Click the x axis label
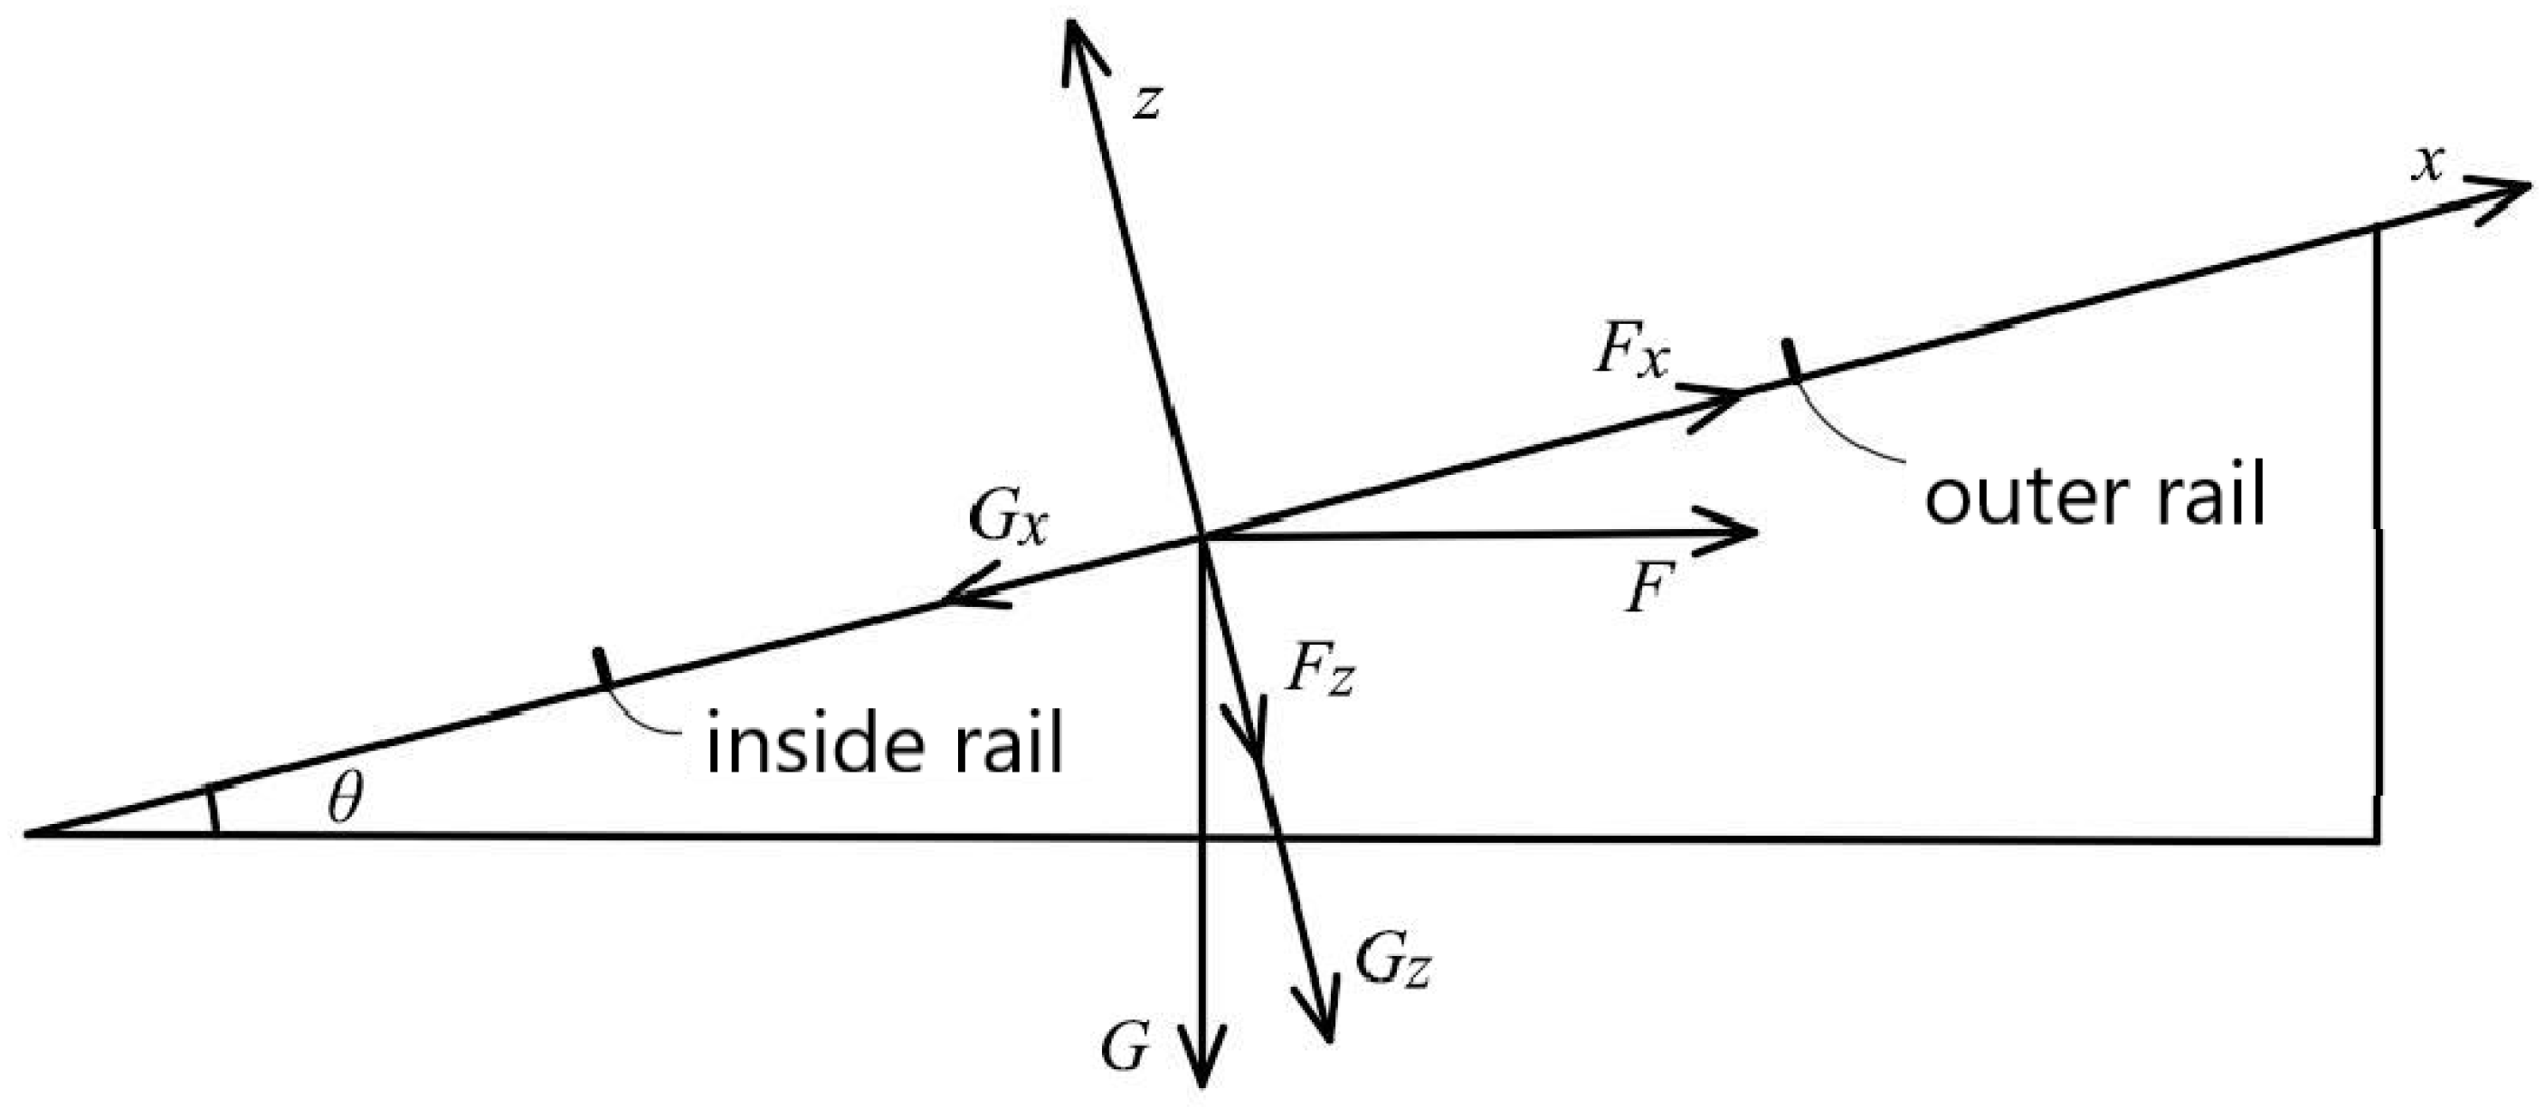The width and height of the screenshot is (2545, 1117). [2427, 165]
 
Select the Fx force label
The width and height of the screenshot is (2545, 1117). [1630, 354]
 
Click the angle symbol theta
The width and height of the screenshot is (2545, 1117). [345, 798]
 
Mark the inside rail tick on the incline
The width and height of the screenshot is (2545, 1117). [601, 668]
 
